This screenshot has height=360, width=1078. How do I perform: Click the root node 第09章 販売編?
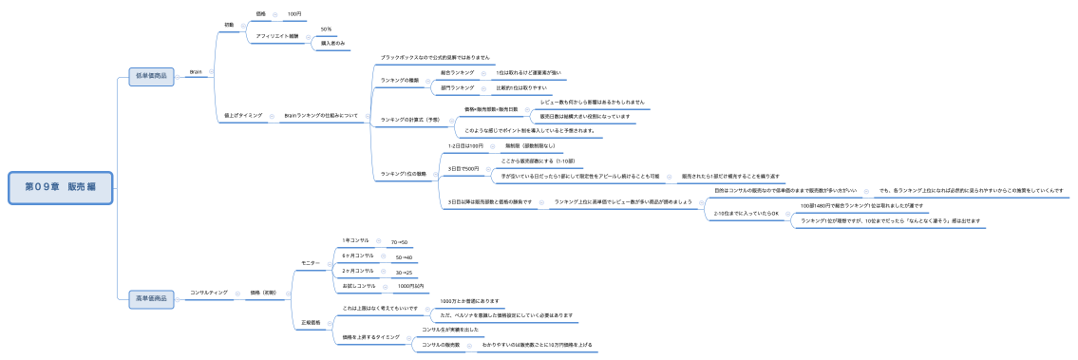click(x=62, y=188)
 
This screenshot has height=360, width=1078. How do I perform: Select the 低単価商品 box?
click(x=152, y=77)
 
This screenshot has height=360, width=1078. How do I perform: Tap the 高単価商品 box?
click(x=152, y=299)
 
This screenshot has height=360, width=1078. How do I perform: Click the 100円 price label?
click(x=293, y=13)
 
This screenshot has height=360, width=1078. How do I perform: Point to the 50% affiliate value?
click(x=326, y=29)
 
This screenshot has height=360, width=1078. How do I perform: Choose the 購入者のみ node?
click(x=332, y=44)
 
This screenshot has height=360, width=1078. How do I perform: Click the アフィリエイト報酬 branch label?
click(x=277, y=36)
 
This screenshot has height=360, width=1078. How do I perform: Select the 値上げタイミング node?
click(x=243, y=115)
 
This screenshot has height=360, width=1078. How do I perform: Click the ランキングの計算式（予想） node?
click(x=410, y=120)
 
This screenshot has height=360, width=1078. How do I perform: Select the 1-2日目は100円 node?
click(x=465, y=145)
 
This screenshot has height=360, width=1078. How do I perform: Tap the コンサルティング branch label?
click(x=209, y=293)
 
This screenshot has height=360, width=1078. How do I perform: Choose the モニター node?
click(x=310, y=262)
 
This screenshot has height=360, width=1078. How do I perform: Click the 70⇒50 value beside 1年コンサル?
click(x=400, y=242)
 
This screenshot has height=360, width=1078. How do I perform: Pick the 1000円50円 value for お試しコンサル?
click(x=410, y=286)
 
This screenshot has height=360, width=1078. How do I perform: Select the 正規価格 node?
click(x=312, y=322)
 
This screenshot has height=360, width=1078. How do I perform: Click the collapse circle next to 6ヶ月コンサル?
click(x=379, y=256)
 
